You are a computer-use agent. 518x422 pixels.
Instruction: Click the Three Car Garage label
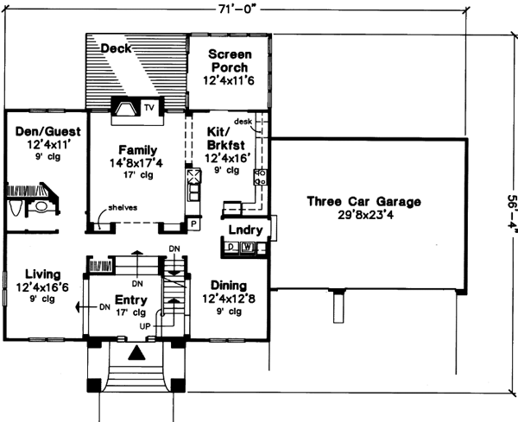[363, 202]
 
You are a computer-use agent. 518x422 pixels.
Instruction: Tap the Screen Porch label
[230, 60]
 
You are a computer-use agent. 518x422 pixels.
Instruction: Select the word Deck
[116, 48]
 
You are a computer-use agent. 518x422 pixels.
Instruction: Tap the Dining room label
[228, 286]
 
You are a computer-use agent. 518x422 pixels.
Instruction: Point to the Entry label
[129, 300]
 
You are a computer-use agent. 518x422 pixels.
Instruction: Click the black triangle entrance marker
[135, 353]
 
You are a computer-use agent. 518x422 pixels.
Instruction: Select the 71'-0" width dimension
[243, 9]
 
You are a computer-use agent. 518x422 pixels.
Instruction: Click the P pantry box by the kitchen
[193, 223]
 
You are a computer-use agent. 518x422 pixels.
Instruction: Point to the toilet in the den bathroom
[41, 207]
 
